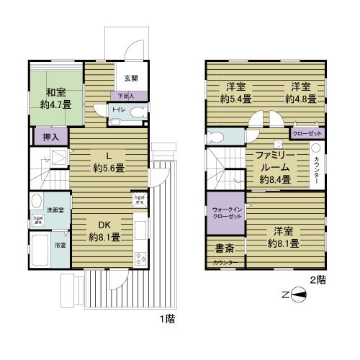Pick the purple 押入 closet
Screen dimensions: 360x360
pos(41,134)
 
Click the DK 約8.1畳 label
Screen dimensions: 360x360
pos(104,230)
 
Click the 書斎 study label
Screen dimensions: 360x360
pos(224,248)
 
